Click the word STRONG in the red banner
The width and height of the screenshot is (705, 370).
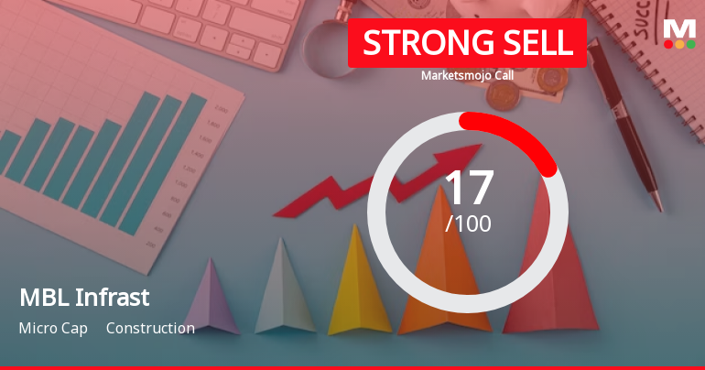coord(418,43)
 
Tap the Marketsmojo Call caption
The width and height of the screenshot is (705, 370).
coord(467,76)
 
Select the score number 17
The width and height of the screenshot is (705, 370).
coord(468,187)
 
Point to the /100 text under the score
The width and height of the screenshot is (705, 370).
coord(468,223)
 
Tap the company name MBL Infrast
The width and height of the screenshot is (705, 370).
coord(83,298)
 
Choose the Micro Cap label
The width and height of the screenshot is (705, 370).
coord(53,328)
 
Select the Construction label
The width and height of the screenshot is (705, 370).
coord(150,328)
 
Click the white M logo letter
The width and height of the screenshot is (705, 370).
coord(678,27)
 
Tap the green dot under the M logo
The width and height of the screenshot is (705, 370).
coord(690,44)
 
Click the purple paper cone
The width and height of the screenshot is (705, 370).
coord(211,298)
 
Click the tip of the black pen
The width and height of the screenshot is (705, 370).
coord(656,207)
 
